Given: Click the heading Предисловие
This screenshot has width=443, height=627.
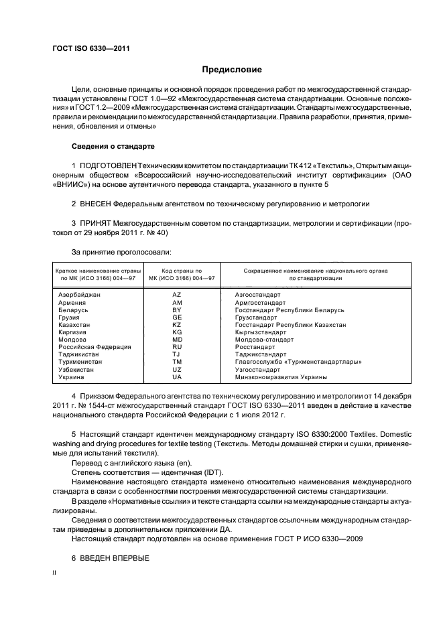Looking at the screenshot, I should (x=232, y=70).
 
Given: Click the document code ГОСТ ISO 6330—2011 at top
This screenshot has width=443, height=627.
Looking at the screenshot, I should (x=91, y=49).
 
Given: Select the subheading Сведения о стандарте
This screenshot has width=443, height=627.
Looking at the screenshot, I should (x=113, y=145).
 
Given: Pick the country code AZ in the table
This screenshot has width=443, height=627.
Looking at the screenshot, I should (x=177, y=295).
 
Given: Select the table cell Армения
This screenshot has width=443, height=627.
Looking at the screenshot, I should (x=72, y=303).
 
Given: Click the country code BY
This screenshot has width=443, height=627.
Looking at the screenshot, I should (x=177, y=310).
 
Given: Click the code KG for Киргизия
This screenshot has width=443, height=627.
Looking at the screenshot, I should (x=177, y=332).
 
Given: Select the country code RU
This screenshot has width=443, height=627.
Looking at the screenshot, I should (x=177, y=347).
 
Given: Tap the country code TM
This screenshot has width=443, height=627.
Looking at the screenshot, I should (x=177, y=362).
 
